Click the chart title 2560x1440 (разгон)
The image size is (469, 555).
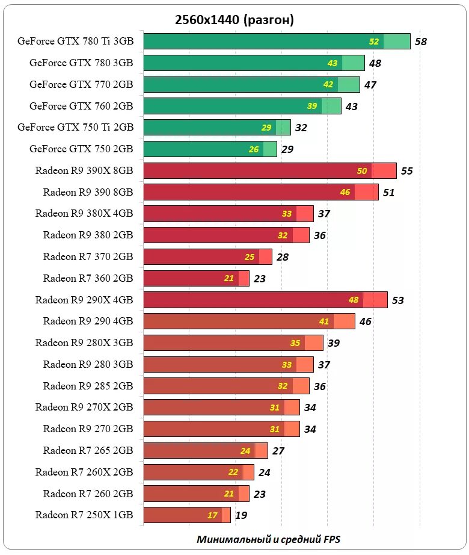click(234, 20)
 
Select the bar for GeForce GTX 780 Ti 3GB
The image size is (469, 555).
click(277, 42)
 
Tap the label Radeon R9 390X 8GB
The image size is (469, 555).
click(84, 170)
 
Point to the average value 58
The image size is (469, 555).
click(421, 42)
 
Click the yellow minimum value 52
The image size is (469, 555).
click(375, 42)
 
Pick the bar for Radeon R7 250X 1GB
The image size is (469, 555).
click(186, 515)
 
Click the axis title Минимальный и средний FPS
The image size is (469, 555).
click(268, 539)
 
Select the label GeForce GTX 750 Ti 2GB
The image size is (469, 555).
click(76, 127)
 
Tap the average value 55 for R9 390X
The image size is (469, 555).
click(407, 171)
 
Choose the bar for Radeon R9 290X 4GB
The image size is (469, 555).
click(265, 300)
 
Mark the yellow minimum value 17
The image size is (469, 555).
click(212, 516)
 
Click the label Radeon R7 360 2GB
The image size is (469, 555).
click(88, 278)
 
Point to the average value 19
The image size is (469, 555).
click(241, 515)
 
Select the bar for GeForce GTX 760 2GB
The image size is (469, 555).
click(241, 106)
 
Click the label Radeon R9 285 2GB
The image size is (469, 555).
click(88, 386)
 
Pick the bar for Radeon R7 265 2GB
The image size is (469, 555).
click(204, 451)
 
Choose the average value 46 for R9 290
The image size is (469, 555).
click(366, 321)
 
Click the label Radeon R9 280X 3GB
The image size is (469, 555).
click(84, 343)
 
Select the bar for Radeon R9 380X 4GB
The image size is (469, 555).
click(228, 214)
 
